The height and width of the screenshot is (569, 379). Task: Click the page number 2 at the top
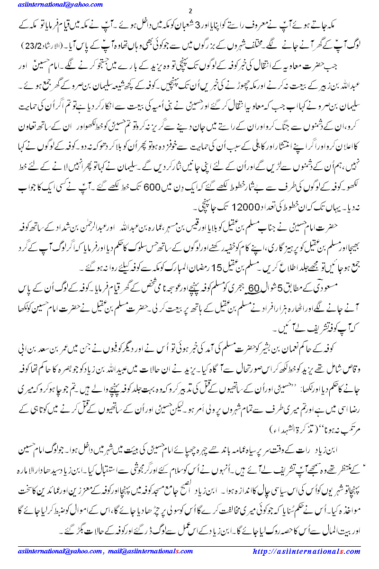coord(190,11)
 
